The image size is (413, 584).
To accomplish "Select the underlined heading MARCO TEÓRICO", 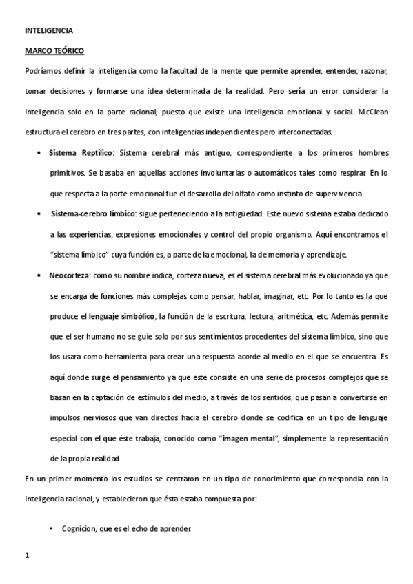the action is click(x=54, y=50).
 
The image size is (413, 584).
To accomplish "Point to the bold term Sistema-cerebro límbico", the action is click(x=93, y=214).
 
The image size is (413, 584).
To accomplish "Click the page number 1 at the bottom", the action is click(x=27, y=555).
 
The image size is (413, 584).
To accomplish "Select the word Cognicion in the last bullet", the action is click(x=77, y=528).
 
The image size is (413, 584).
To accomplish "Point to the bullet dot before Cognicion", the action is click(x=52, y=528).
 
